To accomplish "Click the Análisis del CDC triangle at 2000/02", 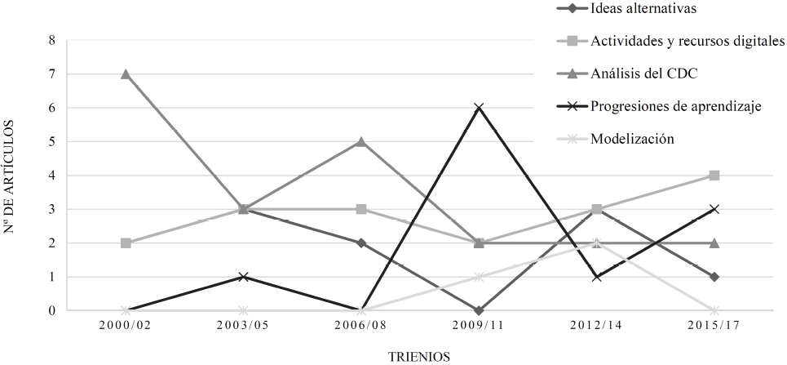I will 126,74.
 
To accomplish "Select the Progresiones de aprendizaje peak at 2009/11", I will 479,108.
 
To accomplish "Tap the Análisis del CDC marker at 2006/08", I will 361,141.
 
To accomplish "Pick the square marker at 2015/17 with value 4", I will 714,176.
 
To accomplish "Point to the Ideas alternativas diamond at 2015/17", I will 714,277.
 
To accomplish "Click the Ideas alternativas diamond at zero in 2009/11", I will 479,310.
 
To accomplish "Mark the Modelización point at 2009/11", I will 479,277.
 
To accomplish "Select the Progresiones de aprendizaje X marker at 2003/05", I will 243,277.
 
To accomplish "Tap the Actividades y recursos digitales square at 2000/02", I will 126,243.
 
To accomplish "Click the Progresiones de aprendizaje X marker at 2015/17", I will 714,209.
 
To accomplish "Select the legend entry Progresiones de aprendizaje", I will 676,106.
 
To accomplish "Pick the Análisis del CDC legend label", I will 643,73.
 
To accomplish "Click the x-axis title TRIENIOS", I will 419,356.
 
